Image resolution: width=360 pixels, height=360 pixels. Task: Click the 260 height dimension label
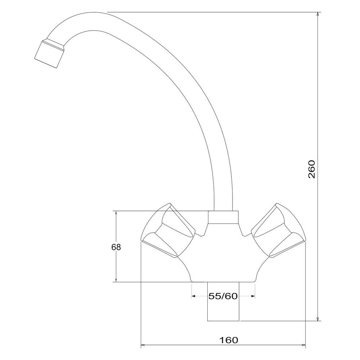[x=312, y=170]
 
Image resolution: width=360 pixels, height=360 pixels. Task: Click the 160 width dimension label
[x=229, y=340]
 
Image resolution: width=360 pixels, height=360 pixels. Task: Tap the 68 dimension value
[x=116, y=247]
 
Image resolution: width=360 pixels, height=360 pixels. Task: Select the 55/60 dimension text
[x=223, y=296]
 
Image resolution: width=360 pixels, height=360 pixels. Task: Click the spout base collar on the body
[x=223, y=217]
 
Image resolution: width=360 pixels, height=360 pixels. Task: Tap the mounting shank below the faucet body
[x=223, y=301]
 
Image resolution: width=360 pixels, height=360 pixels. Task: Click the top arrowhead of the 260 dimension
[x=318, y=14]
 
